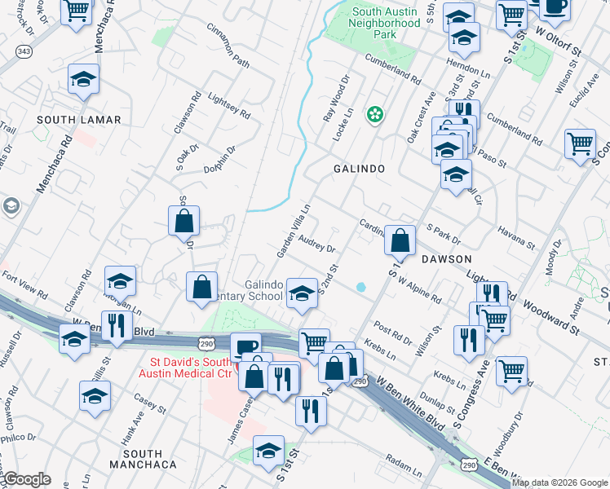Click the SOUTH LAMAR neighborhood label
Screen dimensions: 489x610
(x=79, y=120)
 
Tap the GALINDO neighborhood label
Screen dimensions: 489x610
(x=358, y=168)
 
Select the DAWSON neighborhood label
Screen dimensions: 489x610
(x=446, y=258)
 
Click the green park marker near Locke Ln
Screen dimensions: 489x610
(x=374, y=115)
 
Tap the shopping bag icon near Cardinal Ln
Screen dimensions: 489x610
(x=400, y=240)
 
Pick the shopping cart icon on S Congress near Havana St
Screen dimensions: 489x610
(x=580, y=144)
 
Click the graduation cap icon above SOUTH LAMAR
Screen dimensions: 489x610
(x=83, y=80)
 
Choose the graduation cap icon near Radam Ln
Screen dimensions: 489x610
(x=268, y=450)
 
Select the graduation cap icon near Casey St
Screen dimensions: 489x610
(x=95, y=397)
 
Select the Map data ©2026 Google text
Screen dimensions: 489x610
(x=559, y=482)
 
